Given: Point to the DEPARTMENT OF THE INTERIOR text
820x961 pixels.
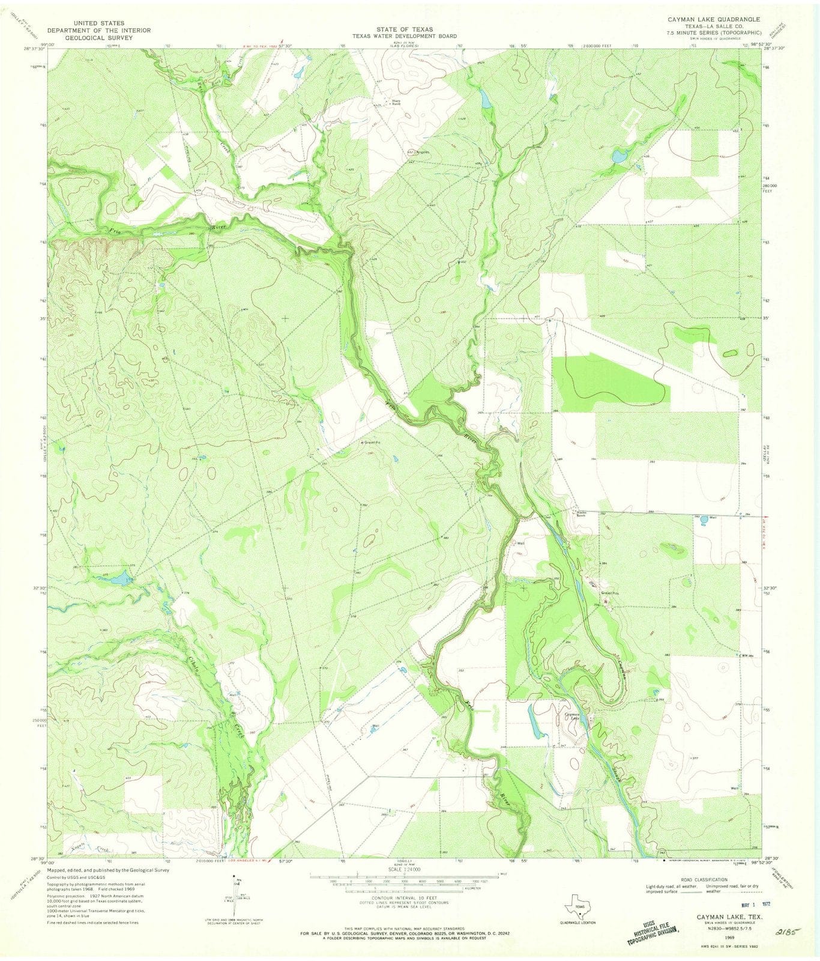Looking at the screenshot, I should point(99,30).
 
